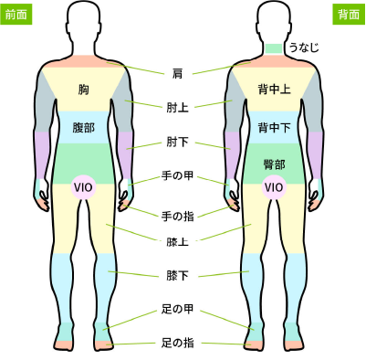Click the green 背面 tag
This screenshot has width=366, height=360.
(x=349, y=15)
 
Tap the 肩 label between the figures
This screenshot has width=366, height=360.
(x=177, y=72)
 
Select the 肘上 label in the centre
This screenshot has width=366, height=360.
(x=177, y=108)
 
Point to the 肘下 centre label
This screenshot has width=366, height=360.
(x=177, y=143)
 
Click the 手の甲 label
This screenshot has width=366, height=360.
(x=177, y=181)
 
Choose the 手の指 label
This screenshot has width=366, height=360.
(x=177, y=216)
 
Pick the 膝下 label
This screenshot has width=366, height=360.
(x=177, y=275)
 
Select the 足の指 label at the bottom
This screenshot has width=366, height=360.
(x=177, y=344)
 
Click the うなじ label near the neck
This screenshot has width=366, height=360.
(x=303, y=47)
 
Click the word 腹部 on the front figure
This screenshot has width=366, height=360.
(x=84, y=127)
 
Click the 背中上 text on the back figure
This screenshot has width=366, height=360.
(x=274, y=90)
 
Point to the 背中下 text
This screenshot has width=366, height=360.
(x=274, y=127)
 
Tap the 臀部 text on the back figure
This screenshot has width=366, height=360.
(x=274, y=164)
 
